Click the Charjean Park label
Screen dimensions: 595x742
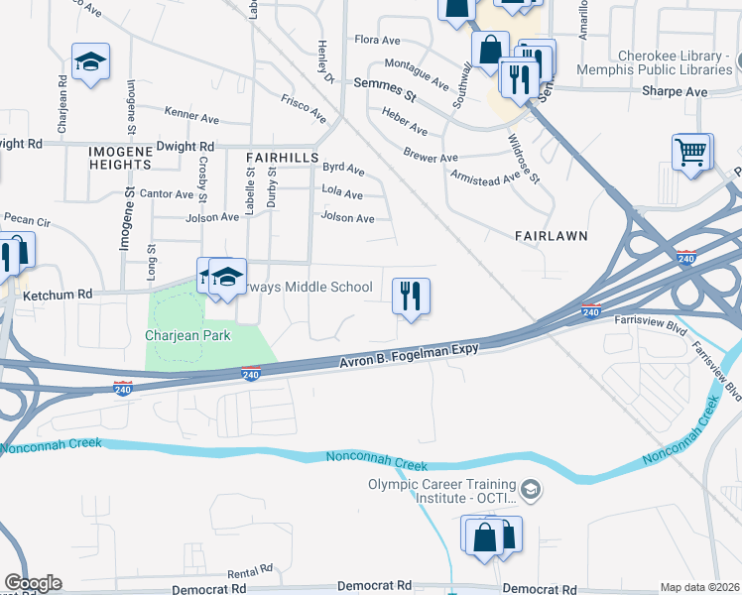[x=187, y=335]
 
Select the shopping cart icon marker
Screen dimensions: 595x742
[x=692, y=154]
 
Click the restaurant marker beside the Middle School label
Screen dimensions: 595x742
[x=411, y=295]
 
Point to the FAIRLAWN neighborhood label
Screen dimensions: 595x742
[x=552, y=236]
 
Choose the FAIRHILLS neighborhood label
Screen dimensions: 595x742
[x=282, y=158]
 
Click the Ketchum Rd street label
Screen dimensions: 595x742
[x=58, y=295]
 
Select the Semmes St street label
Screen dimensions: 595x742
[x=384, y=86]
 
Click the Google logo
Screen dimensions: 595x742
[x=33, y=583]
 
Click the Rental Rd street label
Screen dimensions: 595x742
[x=249, y=573]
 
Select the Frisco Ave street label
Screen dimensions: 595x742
[x=304, y=107]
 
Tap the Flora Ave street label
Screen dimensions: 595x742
[x=377, y=41]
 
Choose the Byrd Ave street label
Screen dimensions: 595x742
[x=343, y=170]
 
